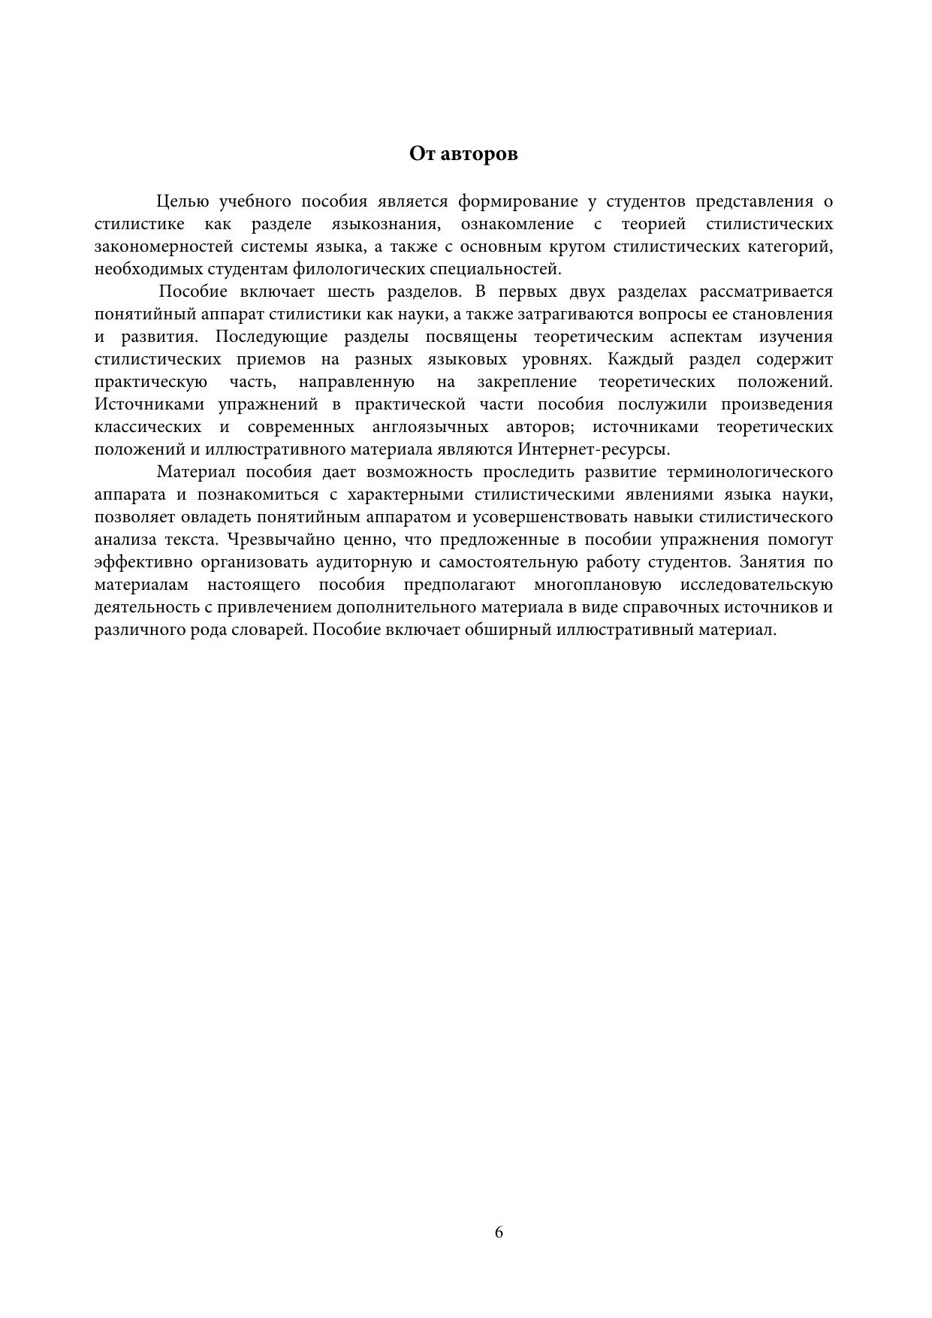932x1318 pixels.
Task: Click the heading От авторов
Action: point(463,154)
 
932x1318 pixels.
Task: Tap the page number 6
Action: point(499,1232)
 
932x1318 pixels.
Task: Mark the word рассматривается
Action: point(766,292)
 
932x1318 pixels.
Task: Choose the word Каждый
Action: point(636,359)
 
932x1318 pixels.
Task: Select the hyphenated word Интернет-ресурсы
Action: point(593,449)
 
